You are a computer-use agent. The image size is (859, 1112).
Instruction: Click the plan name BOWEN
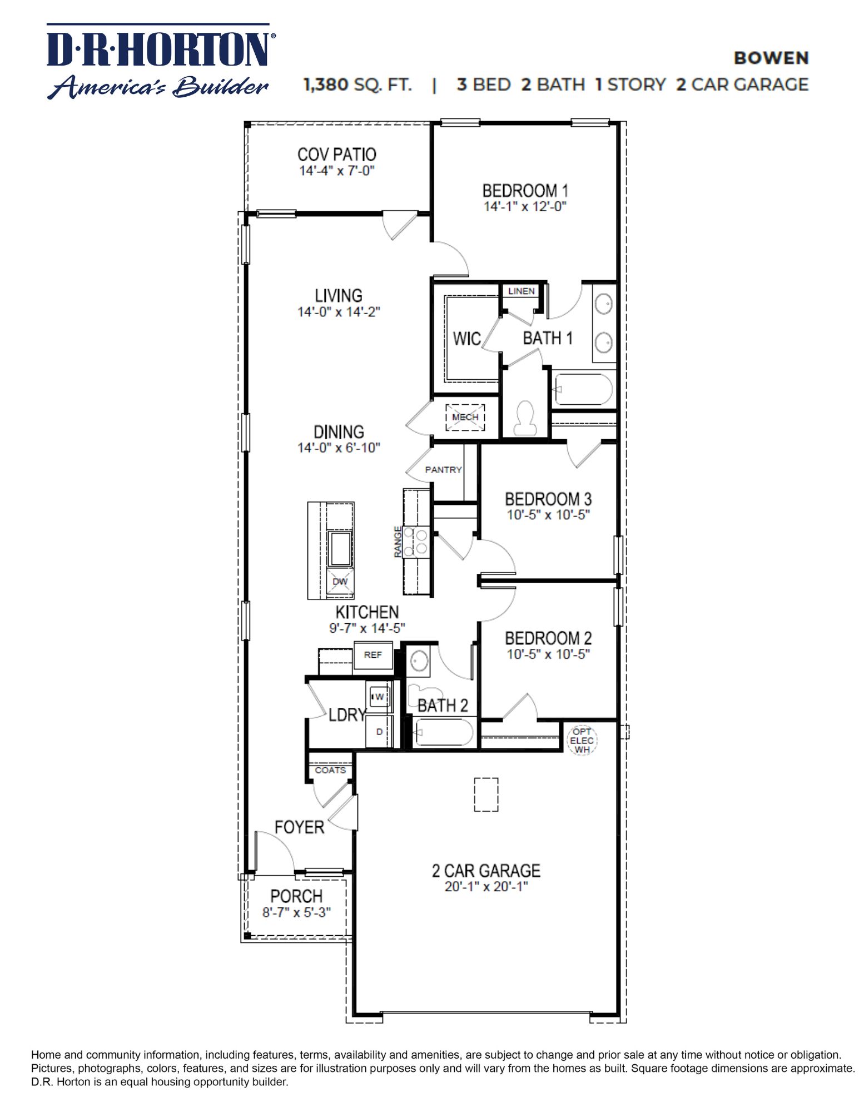pos(771,58)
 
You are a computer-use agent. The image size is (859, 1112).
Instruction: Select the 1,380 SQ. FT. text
pos(357,85)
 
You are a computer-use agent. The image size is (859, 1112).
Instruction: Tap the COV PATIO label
pos(336,154)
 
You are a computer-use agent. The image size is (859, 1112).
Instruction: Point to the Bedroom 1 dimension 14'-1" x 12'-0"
pos(524,207)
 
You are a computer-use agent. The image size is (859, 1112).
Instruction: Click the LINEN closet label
pos(521,291)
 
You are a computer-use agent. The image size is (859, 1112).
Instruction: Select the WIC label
pos(466,339)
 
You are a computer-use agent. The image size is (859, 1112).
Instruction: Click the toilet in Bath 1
pos(525,418)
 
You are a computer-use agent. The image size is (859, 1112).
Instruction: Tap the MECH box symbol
pos(465,417)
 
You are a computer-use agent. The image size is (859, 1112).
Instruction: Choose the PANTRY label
pos(443,470)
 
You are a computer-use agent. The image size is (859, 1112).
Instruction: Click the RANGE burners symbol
pos(415,542)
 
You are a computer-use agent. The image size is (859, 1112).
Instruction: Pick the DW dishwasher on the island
pos(340,582)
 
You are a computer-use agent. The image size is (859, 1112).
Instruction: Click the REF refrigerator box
pos(373,655)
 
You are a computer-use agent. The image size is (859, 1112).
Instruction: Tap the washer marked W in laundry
pos(380,697)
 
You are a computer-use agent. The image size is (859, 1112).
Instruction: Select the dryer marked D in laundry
pos(379,732)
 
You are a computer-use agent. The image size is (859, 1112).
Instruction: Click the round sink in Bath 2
pos(419,661)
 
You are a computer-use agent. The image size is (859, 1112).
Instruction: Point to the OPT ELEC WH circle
pos(582,741)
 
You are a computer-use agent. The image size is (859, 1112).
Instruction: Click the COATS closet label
pos(330,770)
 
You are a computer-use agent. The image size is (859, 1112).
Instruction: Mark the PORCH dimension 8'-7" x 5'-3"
pos(296,912)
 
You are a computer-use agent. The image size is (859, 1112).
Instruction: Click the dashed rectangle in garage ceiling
pos(485,794)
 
